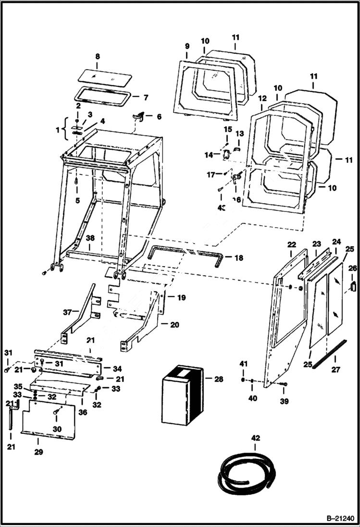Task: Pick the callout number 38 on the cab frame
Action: [90, 238]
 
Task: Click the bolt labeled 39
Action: [284, 385]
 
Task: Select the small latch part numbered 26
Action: [353, 285]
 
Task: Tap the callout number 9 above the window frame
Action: [187, 46]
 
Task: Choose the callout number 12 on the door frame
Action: [262, 98]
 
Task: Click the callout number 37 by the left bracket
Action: [67, 312]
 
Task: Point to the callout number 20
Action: [174, 325]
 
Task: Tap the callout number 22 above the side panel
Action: [291, 245]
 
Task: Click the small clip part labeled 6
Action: [140, 116]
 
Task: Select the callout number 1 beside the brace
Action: [59, 130]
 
